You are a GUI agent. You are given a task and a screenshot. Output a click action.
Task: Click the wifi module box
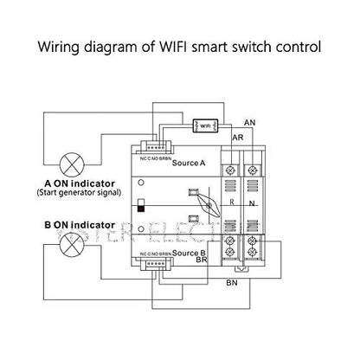pos(205,126)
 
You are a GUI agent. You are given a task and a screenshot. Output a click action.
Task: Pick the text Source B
pos(188,252)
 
